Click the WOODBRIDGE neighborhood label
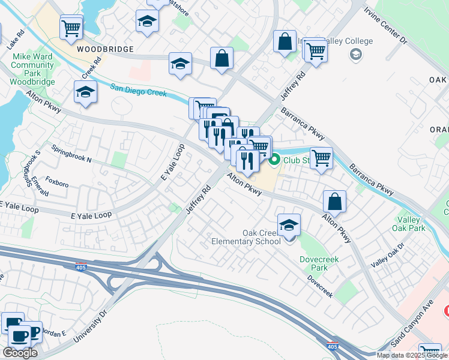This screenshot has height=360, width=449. (104, 48)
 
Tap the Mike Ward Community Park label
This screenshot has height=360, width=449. (33, 69)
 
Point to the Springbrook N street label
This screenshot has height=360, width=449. (71, 154)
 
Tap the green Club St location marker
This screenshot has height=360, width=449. (275, 160)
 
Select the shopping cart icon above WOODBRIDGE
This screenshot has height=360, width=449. (71, 26)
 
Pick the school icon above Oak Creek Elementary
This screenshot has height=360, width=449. (289, 225)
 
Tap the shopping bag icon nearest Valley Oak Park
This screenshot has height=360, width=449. (334, 202)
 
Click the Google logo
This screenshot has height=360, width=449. (20, 353)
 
